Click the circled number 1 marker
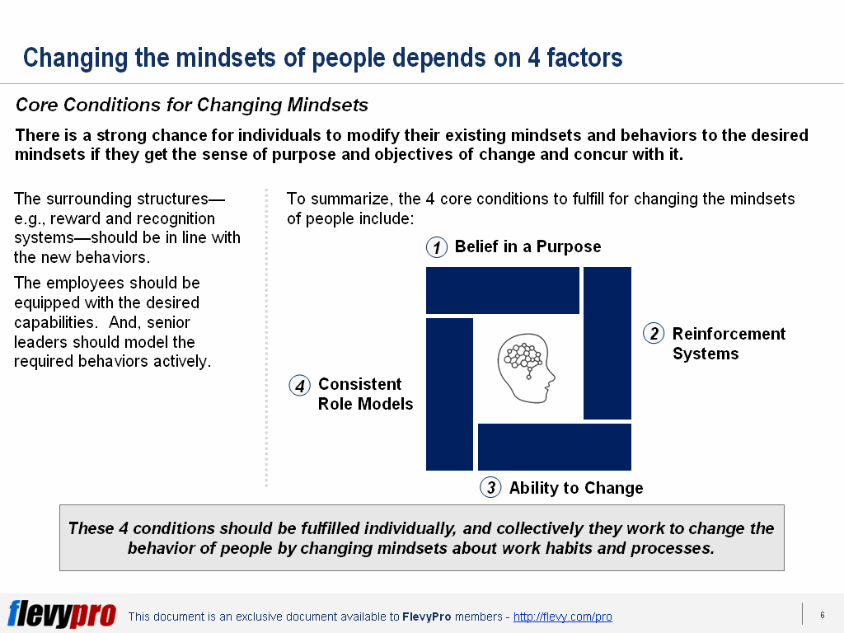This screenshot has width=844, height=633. tap(437, 247)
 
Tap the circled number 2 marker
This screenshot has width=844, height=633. tap(654, 334)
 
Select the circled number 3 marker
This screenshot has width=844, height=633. tap(490, 488)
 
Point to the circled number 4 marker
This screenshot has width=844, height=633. tap(300, 386)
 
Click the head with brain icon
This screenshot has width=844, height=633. tap(526, 368)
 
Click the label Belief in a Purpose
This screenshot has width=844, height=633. tap(527, 246)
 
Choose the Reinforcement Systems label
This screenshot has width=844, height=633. tap(729, 344)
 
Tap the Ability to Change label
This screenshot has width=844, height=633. tap(576, 488)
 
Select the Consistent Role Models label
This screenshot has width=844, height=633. tap(365, 394)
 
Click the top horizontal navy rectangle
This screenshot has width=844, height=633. tap(503, 290)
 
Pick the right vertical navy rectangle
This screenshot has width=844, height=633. tap(607, 343)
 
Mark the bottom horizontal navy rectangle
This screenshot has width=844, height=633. tap(555, 447)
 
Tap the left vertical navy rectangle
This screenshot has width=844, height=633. tap(449, 394)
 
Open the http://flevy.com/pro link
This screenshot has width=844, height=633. tap(562, 617)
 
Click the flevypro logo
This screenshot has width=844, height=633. tap(62, 613)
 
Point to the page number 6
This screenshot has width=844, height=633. tap(823, 615)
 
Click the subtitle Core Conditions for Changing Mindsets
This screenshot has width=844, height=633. tap(191, 105)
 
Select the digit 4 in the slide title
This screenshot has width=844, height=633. tap(534, 58)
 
